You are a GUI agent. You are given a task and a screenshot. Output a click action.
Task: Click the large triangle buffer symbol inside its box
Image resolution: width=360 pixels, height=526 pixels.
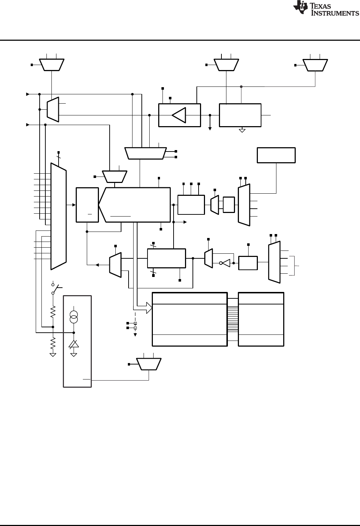pos(179,115)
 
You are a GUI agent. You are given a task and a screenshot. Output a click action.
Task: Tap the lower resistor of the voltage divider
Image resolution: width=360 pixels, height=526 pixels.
pos(53,343)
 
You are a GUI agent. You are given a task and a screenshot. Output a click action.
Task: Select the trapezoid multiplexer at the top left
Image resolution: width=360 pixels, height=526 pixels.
pos(52,64)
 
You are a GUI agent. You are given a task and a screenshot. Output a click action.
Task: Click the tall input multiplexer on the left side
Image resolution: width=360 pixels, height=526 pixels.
pos(59,216)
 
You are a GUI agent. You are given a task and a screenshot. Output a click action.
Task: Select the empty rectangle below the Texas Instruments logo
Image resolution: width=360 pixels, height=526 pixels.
pos(276,155)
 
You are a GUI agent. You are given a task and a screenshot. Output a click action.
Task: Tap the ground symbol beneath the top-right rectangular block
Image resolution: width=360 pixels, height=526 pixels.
pos(242,130)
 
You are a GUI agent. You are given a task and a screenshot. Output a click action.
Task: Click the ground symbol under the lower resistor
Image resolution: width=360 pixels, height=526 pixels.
pos(53,355)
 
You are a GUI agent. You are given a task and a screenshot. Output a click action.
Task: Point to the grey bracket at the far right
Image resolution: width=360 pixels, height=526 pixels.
pos(295,266)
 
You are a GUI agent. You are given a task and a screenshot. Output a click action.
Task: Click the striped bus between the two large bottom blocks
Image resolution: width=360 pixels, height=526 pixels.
pos(232,319)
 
